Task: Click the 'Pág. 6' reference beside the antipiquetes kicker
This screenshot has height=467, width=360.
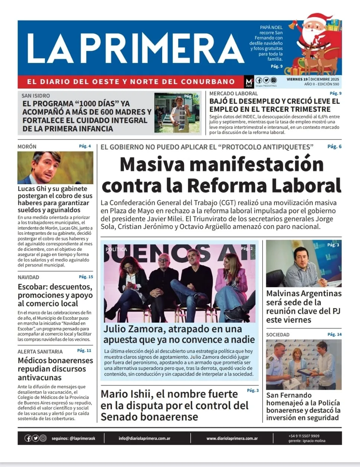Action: [334, 147]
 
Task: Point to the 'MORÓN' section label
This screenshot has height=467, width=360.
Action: [27, 147]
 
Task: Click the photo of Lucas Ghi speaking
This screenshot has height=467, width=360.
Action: [55, 167]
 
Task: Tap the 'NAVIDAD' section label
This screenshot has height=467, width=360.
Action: [28, 277]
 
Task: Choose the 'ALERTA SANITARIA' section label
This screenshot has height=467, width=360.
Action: [40, 352]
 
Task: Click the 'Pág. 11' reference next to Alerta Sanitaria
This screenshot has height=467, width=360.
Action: [84, 351]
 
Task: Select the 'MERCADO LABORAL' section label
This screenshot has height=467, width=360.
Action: [233, 94]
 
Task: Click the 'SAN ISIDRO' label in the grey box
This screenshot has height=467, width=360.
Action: [36, 96]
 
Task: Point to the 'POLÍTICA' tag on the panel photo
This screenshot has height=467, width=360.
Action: [116, 249]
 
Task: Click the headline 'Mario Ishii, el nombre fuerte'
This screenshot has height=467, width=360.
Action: [169, 394]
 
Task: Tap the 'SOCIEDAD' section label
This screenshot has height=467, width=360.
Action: [277, 335]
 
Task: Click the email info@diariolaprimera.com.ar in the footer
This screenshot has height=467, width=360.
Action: [144, 438]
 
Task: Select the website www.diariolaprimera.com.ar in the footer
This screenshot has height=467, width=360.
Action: [232, 438]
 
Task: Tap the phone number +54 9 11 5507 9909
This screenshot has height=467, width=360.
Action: [303, 436]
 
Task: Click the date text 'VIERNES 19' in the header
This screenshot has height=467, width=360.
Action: [297, 79]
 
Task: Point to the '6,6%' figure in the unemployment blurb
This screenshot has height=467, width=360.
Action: [325, 117]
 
